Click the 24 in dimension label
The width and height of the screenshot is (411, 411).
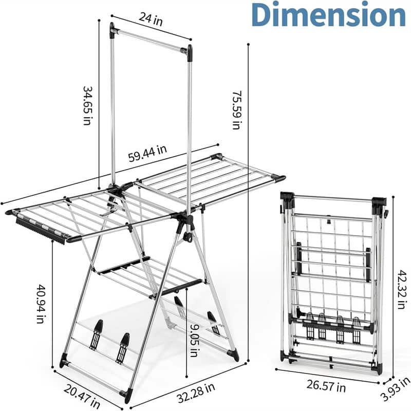[x=151, y=19]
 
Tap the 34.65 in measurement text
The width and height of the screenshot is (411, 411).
[x=87, y=105]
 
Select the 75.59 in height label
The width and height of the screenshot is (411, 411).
[x=236, y=110]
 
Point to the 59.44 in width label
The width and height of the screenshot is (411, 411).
[x=147, y=154]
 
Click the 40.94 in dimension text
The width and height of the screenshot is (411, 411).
[x=41, y=304]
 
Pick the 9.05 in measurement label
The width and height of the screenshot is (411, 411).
[x=194, y=341]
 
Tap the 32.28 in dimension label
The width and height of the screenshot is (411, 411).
[x=196, y=393]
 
